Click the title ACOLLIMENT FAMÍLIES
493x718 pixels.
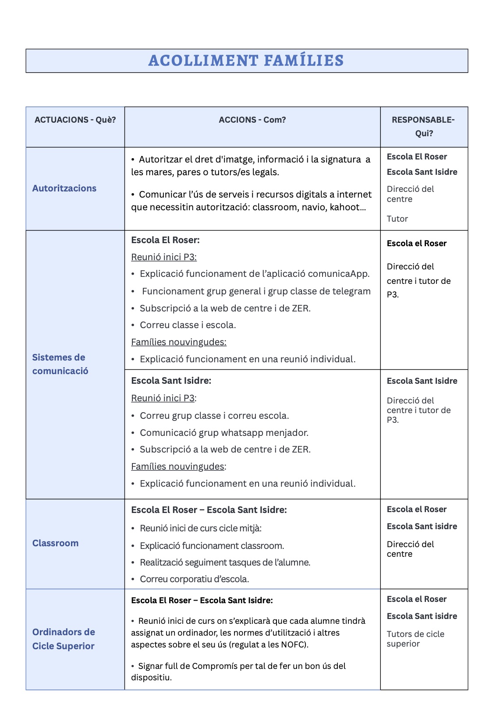[x=246, y=60]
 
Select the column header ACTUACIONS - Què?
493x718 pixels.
[x=75, y=120]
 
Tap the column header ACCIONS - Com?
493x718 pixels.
[x=252, y=120]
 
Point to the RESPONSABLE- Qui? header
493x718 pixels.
[x=423, y=127]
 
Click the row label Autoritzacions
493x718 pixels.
[x=64, y=188]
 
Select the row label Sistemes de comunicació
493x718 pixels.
[x=60, y=364]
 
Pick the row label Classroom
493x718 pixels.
[x=55, y=543]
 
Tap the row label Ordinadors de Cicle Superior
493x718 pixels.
[x=64, y=639]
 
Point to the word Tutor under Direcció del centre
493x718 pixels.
[x=397, y=219]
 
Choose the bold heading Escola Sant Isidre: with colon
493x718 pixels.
[x=171, y=381]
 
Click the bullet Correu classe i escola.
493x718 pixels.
[x=188, y=325]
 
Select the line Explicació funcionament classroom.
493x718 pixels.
[x=212, y=546]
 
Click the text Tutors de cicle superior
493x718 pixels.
[x=415, y=639]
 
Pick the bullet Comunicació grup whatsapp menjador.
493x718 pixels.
[x=224, y=433]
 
